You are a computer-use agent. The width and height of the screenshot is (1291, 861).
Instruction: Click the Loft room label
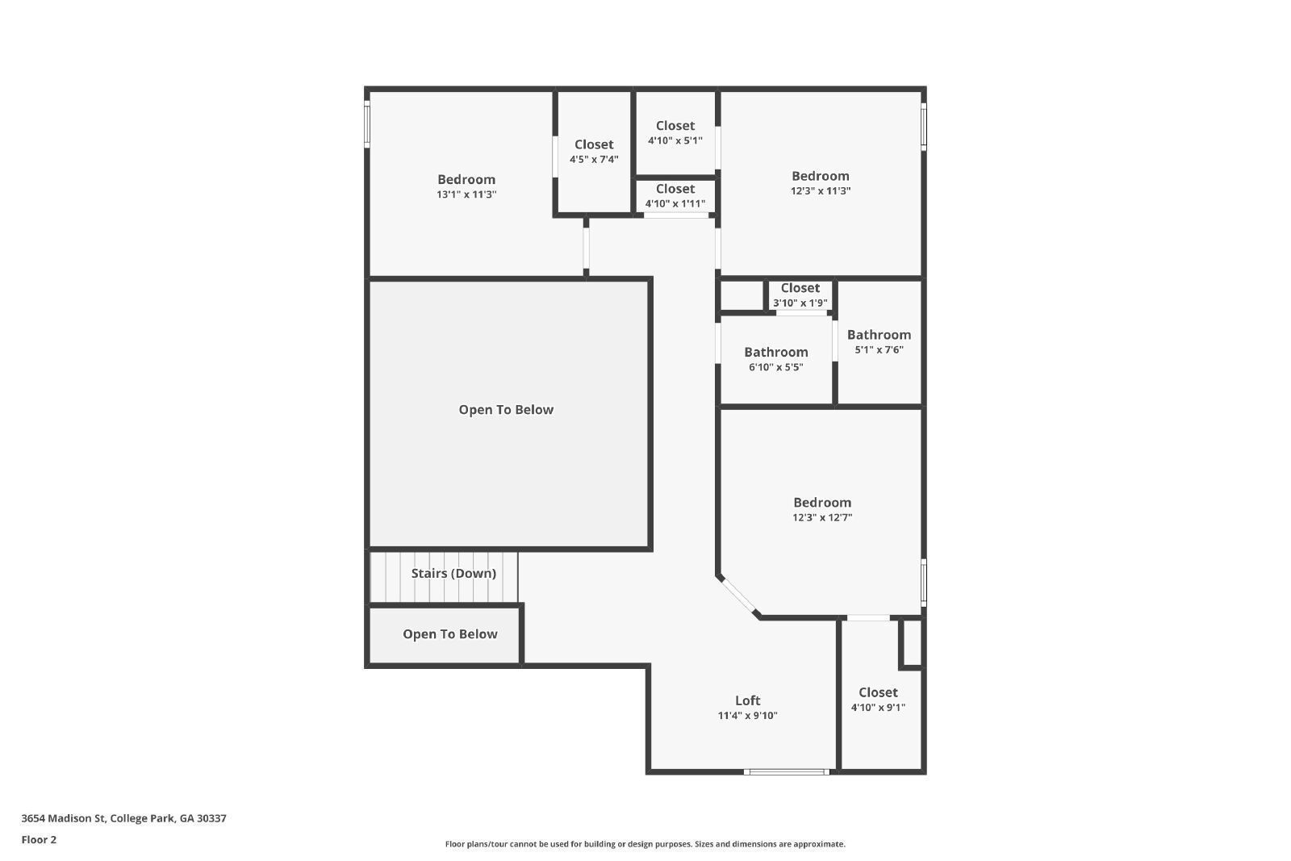[747, 700]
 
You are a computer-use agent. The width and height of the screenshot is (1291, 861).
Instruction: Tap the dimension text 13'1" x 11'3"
[466, 194]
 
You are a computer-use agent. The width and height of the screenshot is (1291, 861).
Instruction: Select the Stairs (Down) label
[453, 573]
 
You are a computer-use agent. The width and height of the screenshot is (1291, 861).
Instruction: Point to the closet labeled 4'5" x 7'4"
[594, 152]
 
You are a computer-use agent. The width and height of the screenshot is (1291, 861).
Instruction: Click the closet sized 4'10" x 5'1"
[675, 132]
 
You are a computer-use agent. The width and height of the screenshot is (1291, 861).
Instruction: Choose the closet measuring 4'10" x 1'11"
[675, 195]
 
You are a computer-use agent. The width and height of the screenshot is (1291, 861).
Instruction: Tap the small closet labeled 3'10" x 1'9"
[800, 295]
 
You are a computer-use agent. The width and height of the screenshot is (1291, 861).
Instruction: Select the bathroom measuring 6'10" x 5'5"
[775, 359]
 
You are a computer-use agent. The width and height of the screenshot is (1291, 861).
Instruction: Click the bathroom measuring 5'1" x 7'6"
[879, 341]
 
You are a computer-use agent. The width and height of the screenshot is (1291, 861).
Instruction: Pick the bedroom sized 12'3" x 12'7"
[821, 509]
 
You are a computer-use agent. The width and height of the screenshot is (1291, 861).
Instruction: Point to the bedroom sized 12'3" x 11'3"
[820, 182]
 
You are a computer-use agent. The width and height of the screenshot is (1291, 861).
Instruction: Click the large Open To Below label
[506, 409]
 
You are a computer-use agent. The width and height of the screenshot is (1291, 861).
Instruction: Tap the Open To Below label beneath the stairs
[449, 634]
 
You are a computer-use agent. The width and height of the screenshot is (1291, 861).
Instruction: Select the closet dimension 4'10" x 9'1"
[878, 708]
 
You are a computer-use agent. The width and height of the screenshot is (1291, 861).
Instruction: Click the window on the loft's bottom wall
[787, 772]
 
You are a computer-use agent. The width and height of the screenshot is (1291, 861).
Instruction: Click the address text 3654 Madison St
[123, 818]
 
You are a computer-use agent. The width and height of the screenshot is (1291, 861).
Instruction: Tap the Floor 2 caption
[39, 840]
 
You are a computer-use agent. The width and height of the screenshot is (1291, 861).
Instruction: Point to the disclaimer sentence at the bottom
[645, 844]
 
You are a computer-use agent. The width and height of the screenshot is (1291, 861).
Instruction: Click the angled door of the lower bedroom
[737, 597]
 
